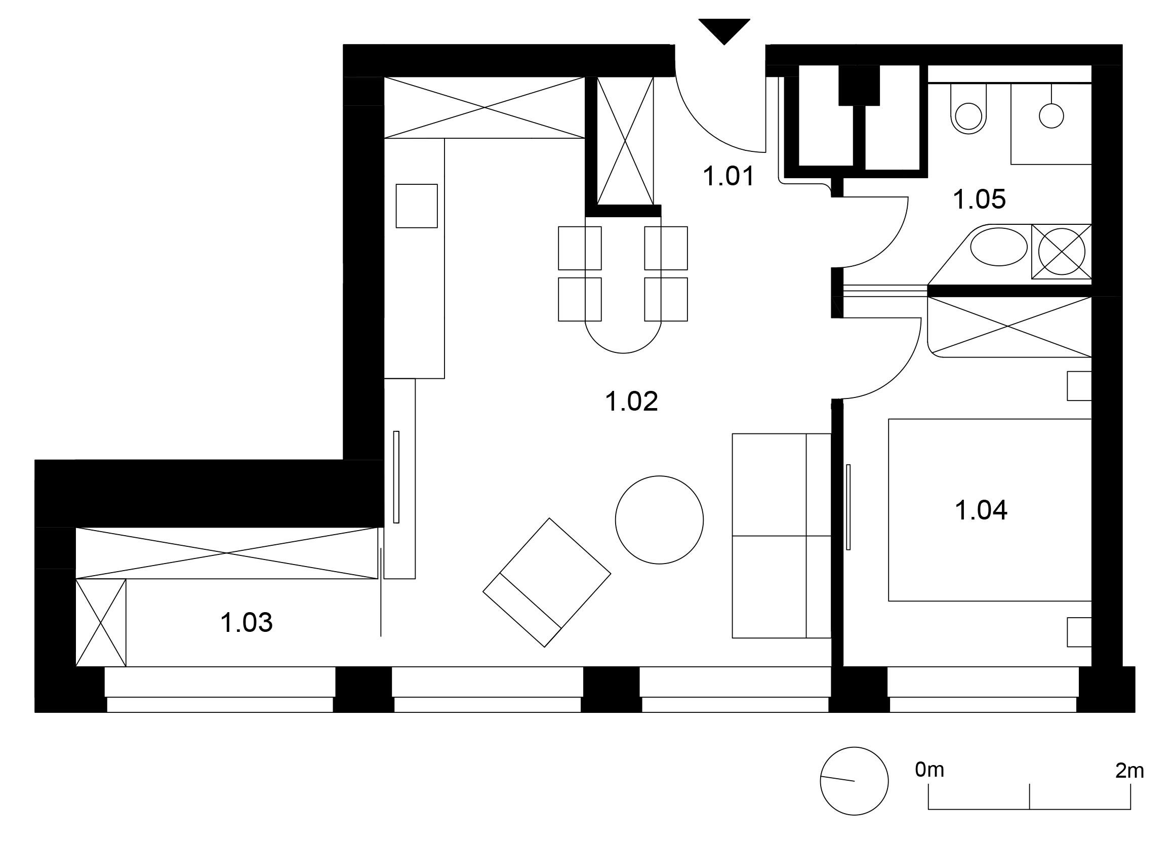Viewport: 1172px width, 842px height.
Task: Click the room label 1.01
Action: coord(729,177)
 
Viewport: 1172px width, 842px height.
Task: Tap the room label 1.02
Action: coord(631,402)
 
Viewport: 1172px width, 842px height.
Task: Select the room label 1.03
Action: coord(247,623)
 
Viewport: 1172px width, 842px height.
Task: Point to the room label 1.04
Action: coord(981,510)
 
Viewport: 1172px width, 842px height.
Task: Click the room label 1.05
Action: coord(980,199)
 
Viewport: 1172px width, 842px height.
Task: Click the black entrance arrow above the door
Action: coord(724,31)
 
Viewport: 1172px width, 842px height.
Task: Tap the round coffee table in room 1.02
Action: coord(659,520)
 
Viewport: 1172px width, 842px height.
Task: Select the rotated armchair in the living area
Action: coord(547,583)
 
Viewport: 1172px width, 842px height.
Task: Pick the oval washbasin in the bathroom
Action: coord(999,247)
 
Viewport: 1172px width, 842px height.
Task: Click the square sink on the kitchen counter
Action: coord(417,206)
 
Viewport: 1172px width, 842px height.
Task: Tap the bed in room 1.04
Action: coord(990,510)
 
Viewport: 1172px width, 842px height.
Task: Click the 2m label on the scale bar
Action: coord(1129,771)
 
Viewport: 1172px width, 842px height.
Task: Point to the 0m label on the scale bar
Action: coord(929,770)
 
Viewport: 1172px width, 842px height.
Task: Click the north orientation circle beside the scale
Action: coord(854,781)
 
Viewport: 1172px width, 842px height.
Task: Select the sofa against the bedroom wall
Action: coord(781,536)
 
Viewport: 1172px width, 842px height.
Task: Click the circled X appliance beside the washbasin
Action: coord(1062,252)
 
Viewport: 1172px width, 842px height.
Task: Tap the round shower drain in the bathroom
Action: coord(1051,116)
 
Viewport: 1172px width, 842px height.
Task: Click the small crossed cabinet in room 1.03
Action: coord(101,622)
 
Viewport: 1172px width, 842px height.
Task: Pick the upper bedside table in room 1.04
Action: coord(1079,386)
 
